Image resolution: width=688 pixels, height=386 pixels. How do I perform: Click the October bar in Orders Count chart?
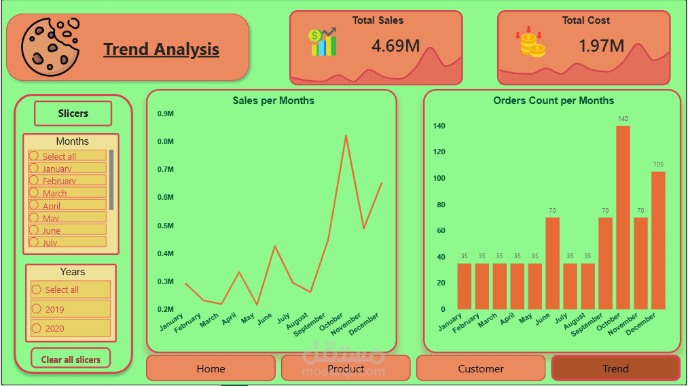pos(623,217)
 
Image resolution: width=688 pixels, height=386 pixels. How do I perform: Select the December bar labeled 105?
pos(658,241)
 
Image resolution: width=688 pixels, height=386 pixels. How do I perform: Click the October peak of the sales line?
pos(346,136)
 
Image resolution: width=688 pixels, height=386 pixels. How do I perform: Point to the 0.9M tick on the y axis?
pos(166,113)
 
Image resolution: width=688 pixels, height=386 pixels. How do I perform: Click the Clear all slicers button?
pos(71,359)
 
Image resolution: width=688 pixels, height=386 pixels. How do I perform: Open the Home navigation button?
pos(211,368)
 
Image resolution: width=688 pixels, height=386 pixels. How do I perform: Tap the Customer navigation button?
pos(481,368)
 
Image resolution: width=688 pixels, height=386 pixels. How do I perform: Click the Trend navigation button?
pos(615,368)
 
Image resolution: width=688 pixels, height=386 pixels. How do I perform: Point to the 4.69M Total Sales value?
pos(396,46)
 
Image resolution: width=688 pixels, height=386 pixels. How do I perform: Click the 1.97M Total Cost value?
pos(601,46)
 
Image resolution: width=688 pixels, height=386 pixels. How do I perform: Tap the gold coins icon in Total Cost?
pos(531,43)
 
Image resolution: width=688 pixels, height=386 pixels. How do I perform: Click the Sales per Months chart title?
pos(273,101)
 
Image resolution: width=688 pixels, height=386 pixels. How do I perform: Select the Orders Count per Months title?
pos(553,101)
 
